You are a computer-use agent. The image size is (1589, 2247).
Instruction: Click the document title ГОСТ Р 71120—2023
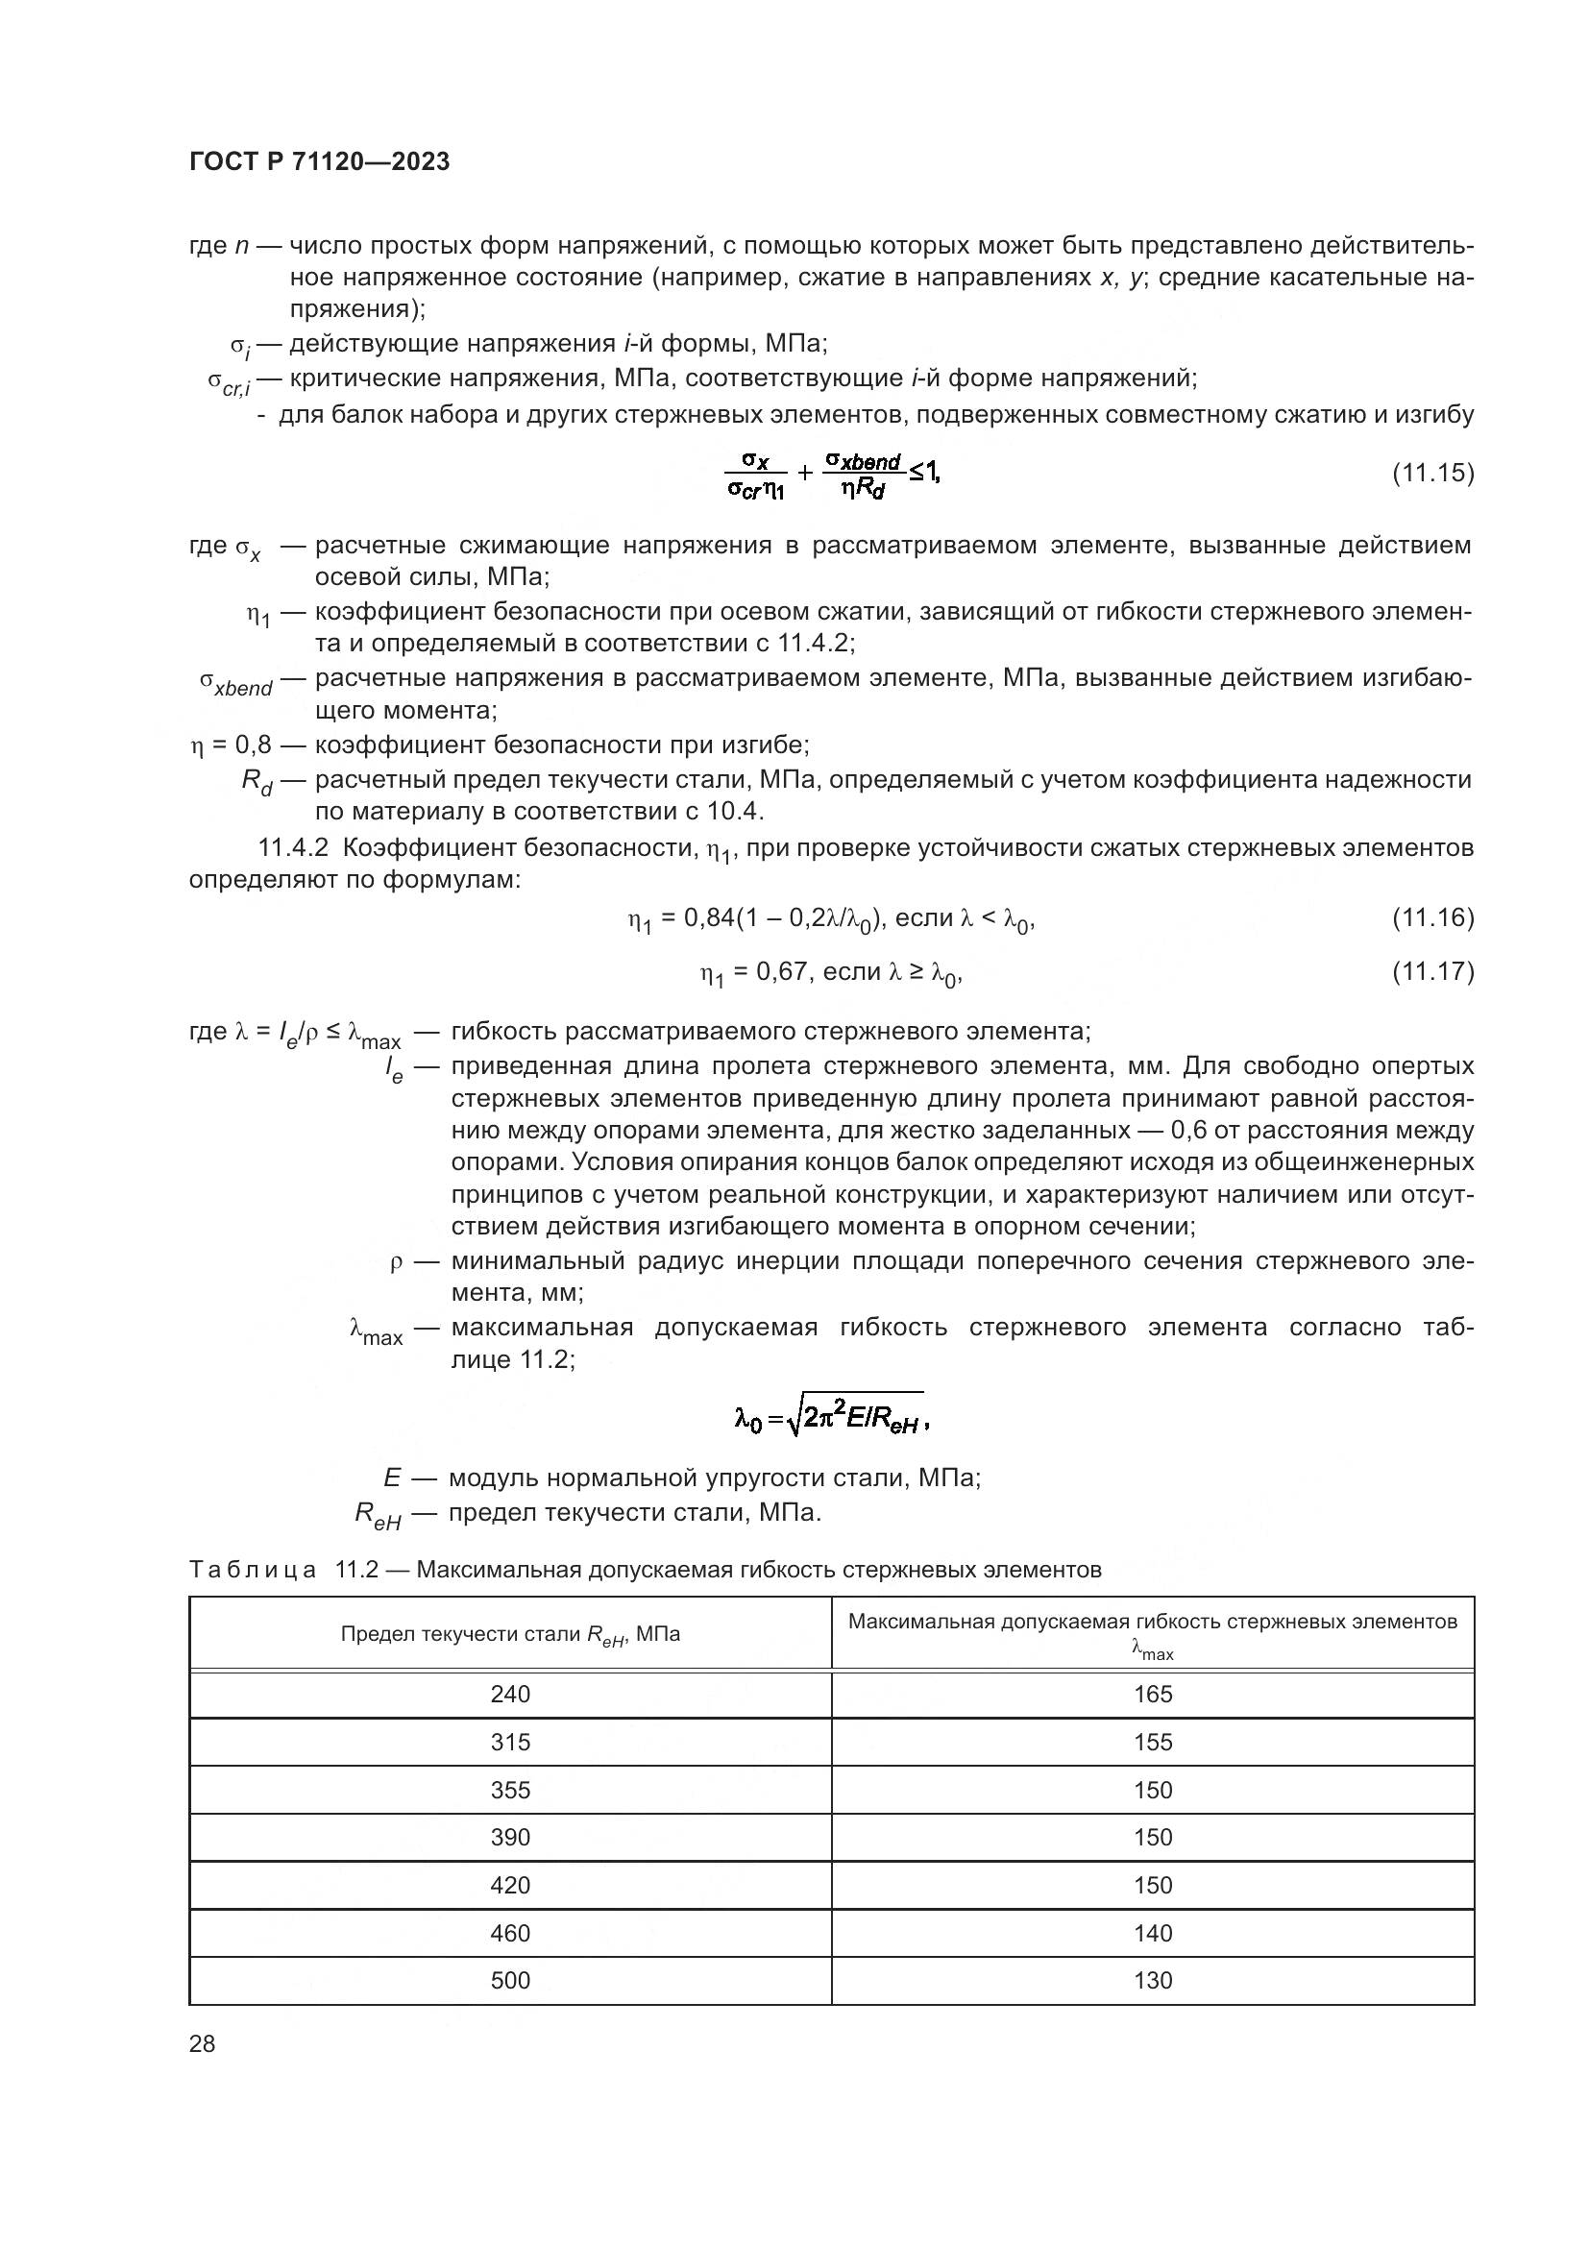319,161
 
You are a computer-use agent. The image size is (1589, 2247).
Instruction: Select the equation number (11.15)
1432,473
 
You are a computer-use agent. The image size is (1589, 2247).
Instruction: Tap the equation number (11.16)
1432,917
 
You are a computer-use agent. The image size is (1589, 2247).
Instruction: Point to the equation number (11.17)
1432,971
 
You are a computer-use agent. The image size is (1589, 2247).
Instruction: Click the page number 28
203,2043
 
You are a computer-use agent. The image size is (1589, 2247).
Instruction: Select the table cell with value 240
510,1694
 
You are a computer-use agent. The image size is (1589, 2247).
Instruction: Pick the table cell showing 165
1153,1694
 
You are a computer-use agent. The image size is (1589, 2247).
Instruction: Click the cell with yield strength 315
510,1742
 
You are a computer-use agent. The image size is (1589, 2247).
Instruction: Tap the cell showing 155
1153,1742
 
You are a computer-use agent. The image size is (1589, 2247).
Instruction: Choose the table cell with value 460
510,1933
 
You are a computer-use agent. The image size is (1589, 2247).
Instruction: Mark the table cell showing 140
1153,1933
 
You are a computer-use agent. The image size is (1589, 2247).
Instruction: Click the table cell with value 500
510,1980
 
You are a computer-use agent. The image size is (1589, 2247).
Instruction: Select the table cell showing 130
1153,1980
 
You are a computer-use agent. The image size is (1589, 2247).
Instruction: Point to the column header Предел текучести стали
510,1634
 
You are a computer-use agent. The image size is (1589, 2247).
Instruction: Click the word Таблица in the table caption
253,1571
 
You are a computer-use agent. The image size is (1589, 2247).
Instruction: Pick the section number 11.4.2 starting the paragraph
293,847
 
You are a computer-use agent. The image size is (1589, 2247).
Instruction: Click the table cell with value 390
510,1837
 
